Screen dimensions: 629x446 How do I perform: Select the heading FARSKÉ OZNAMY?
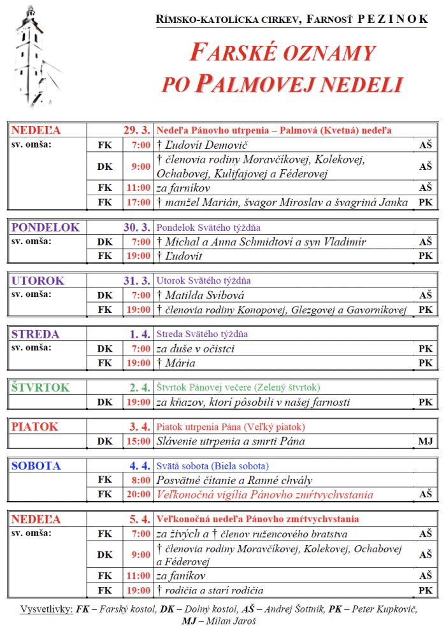[x=284, y=53]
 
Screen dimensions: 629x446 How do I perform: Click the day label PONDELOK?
[x=45, y=227]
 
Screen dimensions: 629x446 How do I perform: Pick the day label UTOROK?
[x=38, y=280]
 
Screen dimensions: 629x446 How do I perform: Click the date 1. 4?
[x=140, y=334]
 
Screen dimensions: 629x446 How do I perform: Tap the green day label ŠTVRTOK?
[x=41, y=387]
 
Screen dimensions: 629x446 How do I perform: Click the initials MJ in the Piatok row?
[x=426, y=441]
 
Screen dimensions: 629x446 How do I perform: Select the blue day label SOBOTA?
[x=36, y=466]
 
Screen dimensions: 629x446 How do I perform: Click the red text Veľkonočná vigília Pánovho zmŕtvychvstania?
[x=264, y=494]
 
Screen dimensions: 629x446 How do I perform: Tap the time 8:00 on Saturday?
[x=141, y=480]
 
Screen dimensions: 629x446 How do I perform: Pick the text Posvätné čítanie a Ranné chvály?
[x=234, y=480]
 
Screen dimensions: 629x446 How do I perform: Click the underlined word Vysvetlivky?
[x=47, y=609]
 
